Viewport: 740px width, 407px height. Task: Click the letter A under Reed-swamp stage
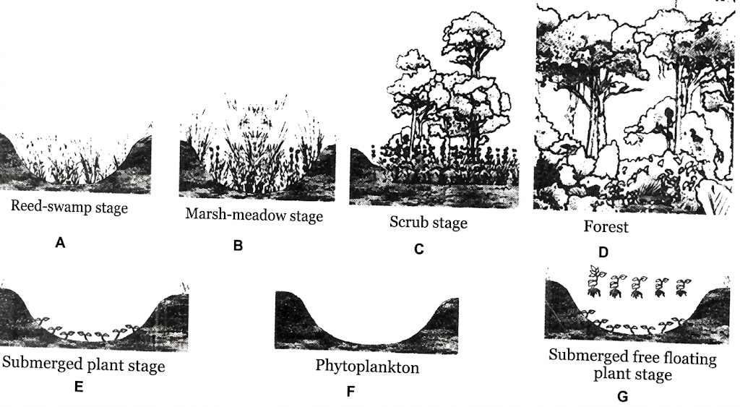click(x=60, y=243)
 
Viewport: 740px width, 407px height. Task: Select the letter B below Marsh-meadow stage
click(x=238, y=246)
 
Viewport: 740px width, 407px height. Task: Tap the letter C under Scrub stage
click(x=418, y=249)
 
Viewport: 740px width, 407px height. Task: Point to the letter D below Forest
click(x=603, y=252)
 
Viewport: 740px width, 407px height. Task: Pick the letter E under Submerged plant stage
click(x=79, y=387)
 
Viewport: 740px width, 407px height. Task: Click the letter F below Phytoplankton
click(x=350, y=391)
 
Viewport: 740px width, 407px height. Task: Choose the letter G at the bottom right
click(x=622, y=397)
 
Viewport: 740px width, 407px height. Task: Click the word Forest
click(x=606, y=227)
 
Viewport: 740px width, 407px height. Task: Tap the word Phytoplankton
click(x=367, y=367)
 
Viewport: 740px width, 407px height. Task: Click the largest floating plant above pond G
click(x=596, y=281)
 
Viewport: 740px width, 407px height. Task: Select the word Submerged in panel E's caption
click(x=42, y=363)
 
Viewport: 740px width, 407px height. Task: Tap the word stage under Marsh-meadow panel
click(x=304, y=217)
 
